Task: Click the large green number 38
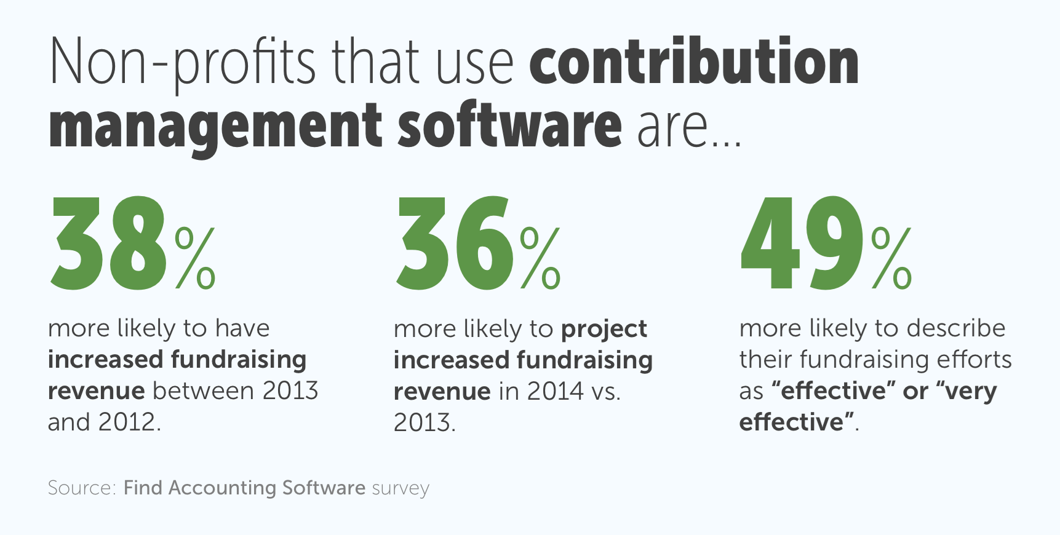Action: (x=109, y=244)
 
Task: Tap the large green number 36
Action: (x=453, y=244)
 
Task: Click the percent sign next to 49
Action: (x=891, y=258)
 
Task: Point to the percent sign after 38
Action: (x=195, y=258)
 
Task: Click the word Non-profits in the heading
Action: (x=182, y=63)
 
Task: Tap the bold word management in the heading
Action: (x=215, y=126)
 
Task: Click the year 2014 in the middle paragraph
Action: (x=555, y=391)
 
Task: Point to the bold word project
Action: (x=604, y=330)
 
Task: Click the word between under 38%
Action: (x=204, y=391)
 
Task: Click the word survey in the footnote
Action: (x=400, y=488)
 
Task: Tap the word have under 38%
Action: (x=242, y=328)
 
